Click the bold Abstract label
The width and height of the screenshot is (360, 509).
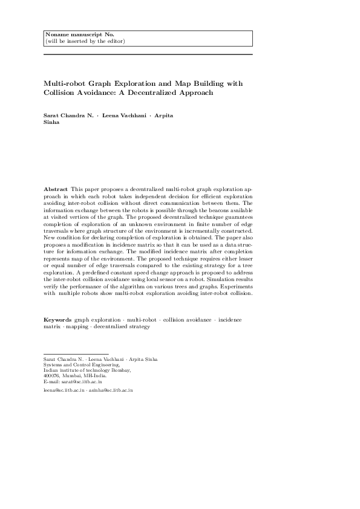[x=56, y=189]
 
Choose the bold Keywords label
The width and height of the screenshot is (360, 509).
[x=57, y=319]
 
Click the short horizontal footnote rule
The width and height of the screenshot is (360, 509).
[x=76, y=354]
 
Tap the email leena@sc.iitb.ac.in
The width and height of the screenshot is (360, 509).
[x=64, y=391]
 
